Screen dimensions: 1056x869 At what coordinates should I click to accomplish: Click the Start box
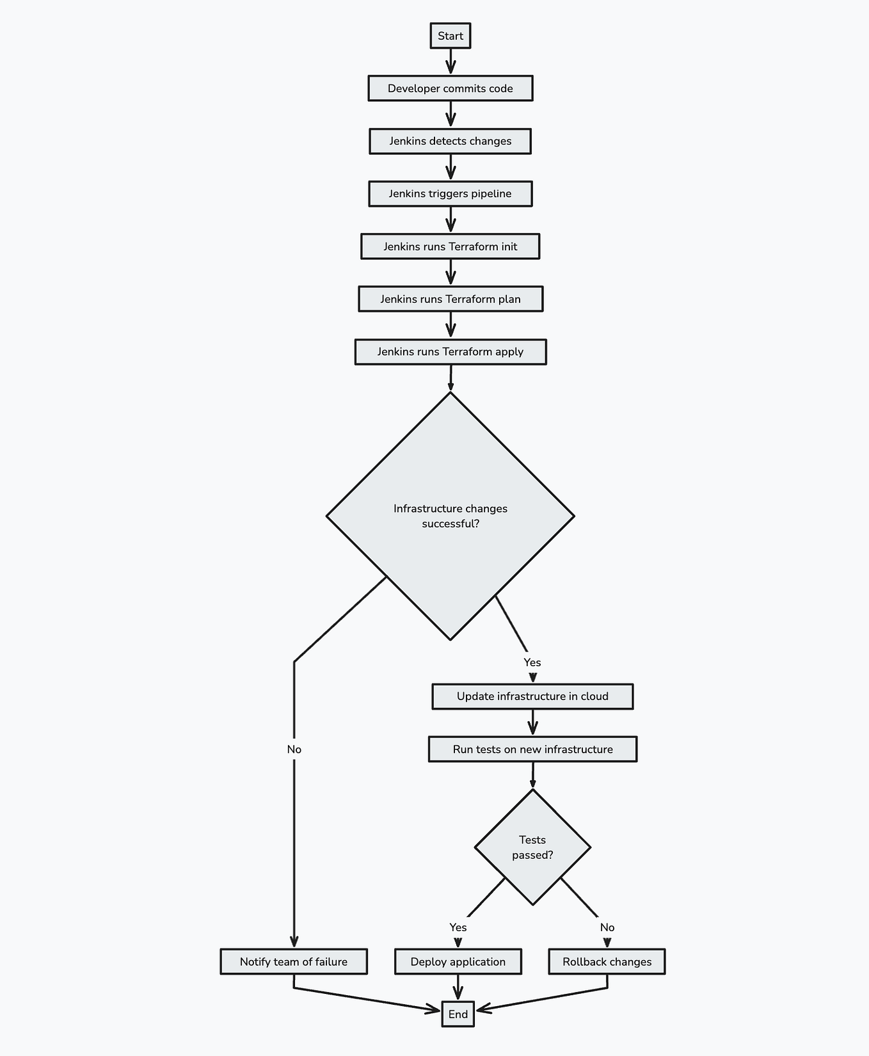450,36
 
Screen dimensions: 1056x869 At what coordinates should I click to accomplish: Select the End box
458,1014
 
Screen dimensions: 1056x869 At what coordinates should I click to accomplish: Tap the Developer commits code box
450,88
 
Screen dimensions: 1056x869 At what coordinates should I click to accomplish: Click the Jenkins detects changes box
450,141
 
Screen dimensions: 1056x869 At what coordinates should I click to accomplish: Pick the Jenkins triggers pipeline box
450,193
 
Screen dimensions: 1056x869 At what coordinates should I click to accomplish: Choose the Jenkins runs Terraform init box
450,246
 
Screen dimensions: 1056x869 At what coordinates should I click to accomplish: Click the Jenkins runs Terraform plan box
450,299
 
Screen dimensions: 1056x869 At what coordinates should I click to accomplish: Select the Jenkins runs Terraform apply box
450,351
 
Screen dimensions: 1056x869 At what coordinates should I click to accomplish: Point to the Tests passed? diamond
532,847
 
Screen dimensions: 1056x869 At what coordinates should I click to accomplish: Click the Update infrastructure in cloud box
532,696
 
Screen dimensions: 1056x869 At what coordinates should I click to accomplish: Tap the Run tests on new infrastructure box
532,749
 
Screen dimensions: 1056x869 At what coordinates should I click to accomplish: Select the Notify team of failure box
294,961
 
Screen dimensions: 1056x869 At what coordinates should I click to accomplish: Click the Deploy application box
458,961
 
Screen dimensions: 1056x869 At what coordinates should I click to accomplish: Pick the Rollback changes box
607,961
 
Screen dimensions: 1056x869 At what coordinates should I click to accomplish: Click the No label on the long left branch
294,749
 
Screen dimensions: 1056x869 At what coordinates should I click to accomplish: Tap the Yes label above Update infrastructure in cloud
532,662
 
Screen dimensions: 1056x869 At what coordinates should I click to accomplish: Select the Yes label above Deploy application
458,927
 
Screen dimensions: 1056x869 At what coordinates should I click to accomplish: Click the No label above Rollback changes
607,927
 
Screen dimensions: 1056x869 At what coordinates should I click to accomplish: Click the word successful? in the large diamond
450,524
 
